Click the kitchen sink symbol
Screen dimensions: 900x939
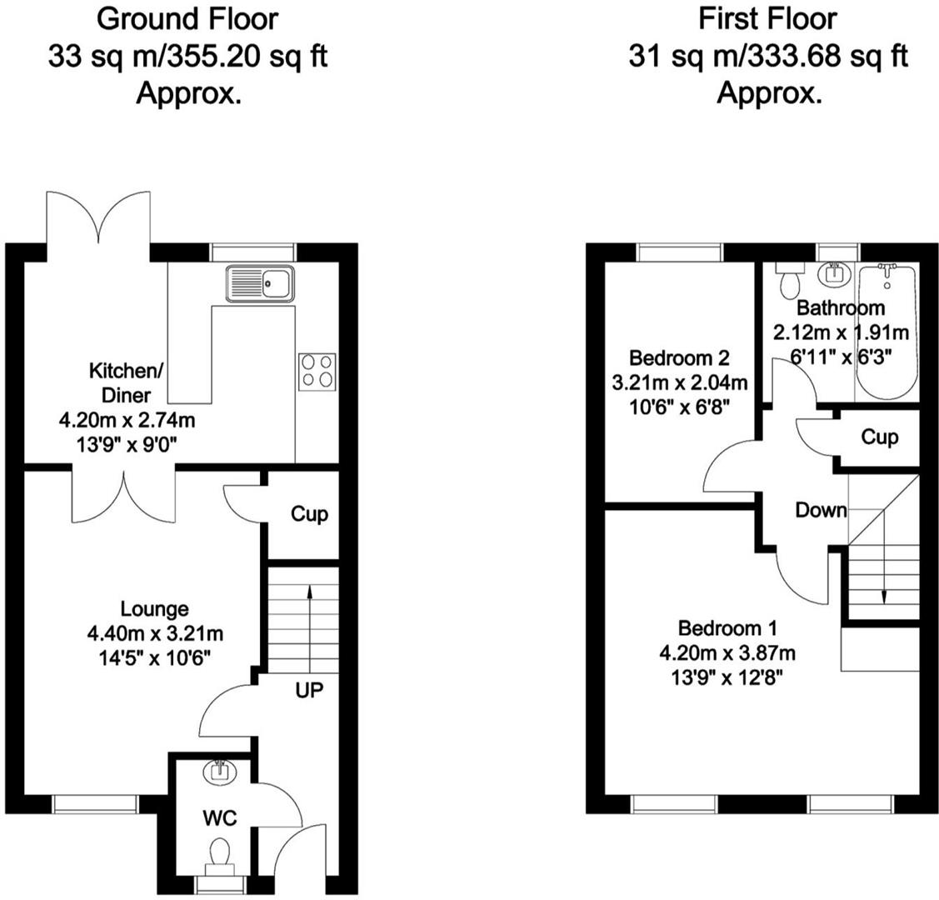point(259,283)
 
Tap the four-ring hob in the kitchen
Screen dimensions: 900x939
point(318,370)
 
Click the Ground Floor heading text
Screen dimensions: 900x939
point(188,17)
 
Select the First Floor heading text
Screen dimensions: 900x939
point(767,17)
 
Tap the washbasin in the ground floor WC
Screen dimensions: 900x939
point(221,772)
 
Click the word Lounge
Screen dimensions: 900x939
point(155,609)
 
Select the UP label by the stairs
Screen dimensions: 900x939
point(308,690)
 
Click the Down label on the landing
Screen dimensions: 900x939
point(821,510)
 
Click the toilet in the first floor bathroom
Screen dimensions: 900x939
point(787,281)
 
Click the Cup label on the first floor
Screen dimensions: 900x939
point(879,437)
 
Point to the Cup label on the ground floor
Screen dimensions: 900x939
point(309,514)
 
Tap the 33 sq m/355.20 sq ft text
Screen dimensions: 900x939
point(188,57)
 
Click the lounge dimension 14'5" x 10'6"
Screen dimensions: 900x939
point(155,657)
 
